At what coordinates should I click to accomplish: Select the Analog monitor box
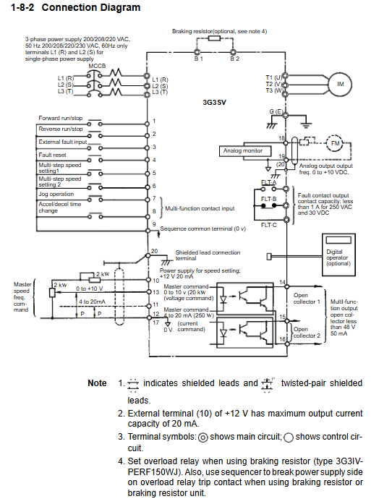click(x=245, y=150)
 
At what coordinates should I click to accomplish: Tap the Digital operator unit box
click(x=338, y=255)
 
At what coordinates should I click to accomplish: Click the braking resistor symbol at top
click(x=215, y=38)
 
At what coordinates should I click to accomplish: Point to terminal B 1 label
click(x=199, y=59)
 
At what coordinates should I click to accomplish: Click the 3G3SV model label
click(x=214, y=103)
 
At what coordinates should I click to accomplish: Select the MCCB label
click(x=97, y=66)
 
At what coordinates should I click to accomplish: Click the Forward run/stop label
click(x=61, y=118)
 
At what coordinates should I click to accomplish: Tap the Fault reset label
click(x=52, y=155)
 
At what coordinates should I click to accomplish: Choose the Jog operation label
click(x=56, y=194)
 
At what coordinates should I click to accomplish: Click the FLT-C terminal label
click(x=269, y=225)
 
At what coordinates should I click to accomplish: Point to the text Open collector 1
click(x=307, y=299)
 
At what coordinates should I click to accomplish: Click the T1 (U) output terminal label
click(x=273, y=77)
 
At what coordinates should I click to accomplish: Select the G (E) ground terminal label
click(x=276, y=111)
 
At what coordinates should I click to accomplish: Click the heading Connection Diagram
click(x=91, y=7)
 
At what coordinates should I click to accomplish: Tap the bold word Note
click(x=97, y=383)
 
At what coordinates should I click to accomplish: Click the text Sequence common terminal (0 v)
click(x=203, y=228)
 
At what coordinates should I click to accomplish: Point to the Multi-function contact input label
click(x=200, y=208)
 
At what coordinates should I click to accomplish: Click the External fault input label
click(x=63, y=142)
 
